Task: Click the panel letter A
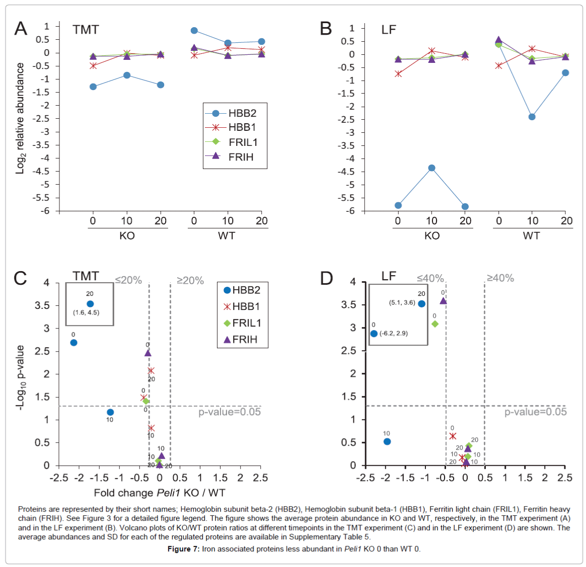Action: (x=21, y=29)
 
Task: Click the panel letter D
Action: (x=327, y=278)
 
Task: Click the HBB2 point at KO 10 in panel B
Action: (x=431, y=168)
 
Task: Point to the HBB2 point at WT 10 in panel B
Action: (x=532, y=117)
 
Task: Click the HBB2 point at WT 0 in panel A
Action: (x=194, y=31)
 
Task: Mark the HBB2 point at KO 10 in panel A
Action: (x=127, y=75)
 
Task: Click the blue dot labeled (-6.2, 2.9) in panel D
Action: (x=374, y=334)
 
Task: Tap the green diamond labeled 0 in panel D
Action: (x=435, y=324)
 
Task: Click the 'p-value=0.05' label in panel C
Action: (x=230, y=412)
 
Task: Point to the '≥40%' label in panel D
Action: (x=500, y=278)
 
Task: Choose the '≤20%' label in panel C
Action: (x=128, y=280)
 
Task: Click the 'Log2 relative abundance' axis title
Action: (x=20, y=119)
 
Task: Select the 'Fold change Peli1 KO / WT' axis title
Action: (x=160, y=493)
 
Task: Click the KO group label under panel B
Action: (x=432, y=236)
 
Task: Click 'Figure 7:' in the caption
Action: (x=183, y=549)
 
